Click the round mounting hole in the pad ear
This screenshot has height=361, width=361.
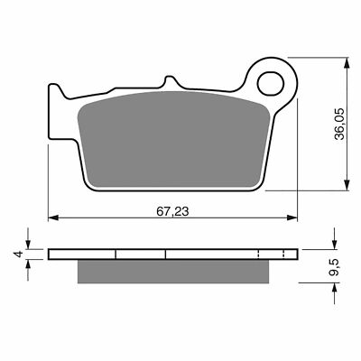click(x=272, y=85)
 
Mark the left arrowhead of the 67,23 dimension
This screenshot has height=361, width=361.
click(x=52, y=217)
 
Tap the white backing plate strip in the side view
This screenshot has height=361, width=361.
click(x=171, y=254)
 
